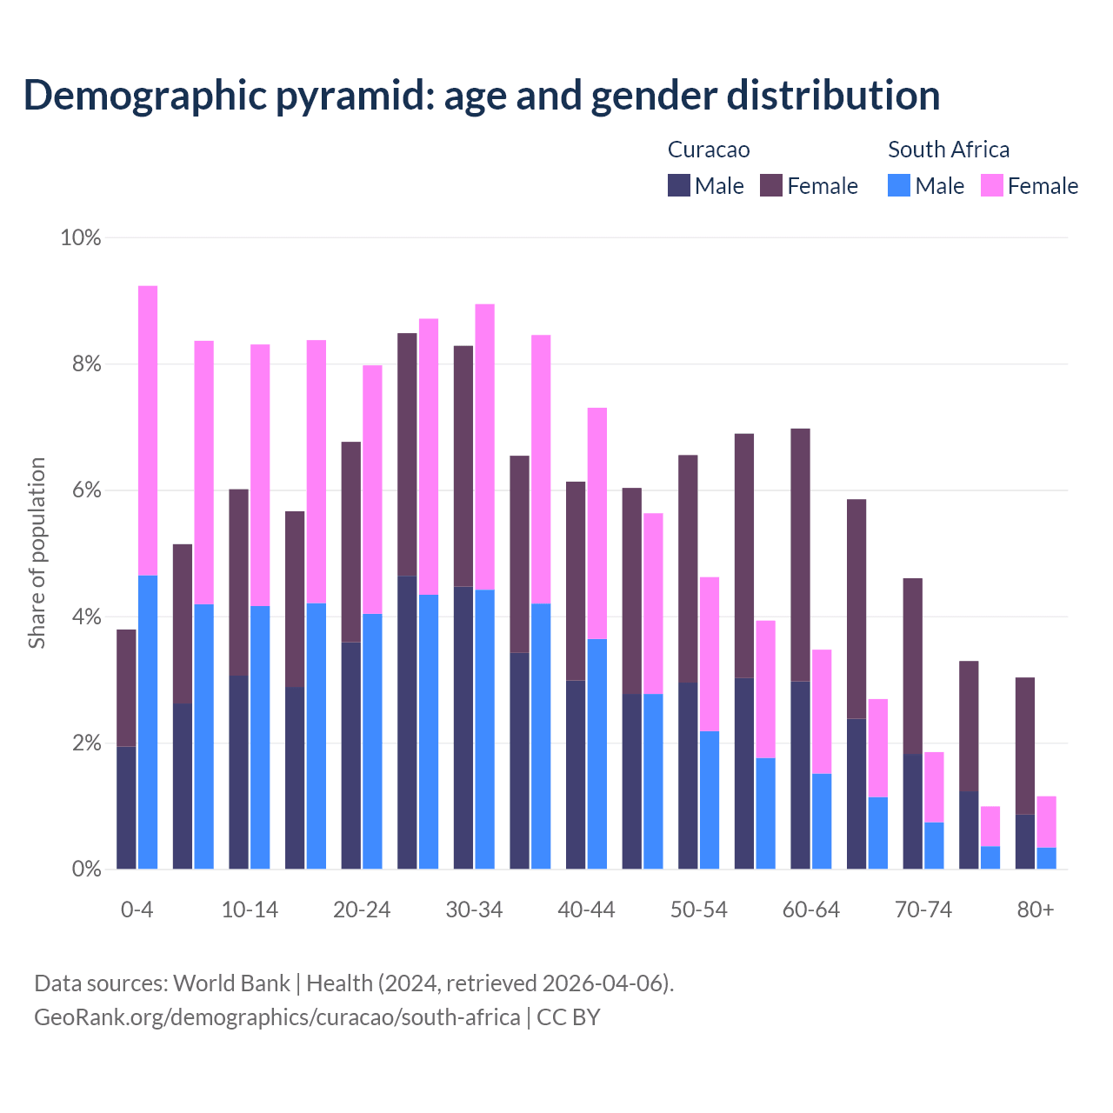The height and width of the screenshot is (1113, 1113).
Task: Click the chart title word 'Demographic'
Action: (144, 96)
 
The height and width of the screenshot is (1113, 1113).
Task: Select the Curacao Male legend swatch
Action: (679, 185)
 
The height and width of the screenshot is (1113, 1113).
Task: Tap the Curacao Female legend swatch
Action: (771, 185)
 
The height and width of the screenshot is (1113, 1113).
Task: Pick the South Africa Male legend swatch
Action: (899, 185)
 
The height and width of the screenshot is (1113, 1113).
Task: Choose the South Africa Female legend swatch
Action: (992, 185)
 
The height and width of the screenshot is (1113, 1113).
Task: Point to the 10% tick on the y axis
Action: (81, 237)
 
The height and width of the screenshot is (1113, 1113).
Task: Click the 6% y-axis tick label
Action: (86, 490)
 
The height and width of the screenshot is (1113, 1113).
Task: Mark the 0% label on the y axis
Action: (86, 870)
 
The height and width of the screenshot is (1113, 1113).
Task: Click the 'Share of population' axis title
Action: (37, 553)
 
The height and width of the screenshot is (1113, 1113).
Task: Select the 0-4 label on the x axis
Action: (137, 910)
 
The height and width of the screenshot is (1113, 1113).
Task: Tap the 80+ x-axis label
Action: (1036, 910)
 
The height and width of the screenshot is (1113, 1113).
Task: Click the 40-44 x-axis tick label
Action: (586, 910)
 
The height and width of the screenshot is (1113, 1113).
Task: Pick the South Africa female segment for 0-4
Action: (148, 430)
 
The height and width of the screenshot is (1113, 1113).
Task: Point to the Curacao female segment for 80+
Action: (1025, 745)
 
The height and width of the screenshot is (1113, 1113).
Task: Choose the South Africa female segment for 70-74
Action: (934, 787)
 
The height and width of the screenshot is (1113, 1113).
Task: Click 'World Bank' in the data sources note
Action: (231, 983)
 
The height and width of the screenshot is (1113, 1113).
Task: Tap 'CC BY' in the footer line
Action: (569, 1017)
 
